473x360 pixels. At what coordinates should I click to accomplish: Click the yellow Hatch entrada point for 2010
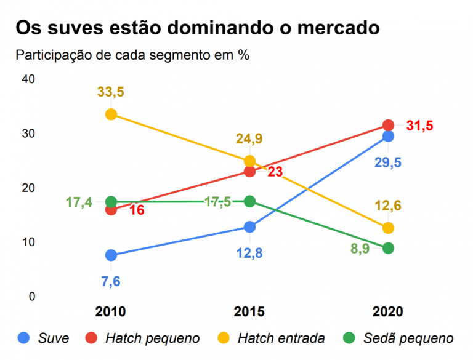(x=111, y=114)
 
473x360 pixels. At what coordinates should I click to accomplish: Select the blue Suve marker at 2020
(x=388, y=136)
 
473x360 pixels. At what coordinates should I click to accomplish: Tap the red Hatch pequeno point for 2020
(x=388, y=126)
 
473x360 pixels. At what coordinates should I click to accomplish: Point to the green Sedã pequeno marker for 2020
(x=388, y=248)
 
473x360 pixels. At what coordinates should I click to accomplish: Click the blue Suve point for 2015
(x=249, y=227)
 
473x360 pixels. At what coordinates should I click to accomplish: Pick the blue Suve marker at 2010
(x=111, y=255)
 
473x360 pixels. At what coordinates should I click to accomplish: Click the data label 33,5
(x=111, y=92)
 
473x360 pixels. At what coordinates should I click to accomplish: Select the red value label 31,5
(x=420, y=126)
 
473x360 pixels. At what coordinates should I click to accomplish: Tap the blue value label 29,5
(x=388, y=162)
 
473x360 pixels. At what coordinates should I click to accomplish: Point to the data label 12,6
(x=388, y=205)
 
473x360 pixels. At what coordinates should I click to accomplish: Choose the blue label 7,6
(x=111, y=281)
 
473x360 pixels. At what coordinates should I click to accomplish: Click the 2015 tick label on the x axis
(x=249, y=311)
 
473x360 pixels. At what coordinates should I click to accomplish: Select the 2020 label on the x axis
(x=388, y=311)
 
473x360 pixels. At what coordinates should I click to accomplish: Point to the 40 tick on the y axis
(x=28, y=79)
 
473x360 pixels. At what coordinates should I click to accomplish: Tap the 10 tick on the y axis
(x=28, y=242)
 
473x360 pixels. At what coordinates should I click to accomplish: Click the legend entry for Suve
(x=53, y=338)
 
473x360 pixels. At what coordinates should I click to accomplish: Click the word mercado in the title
(x=327, y=28)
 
